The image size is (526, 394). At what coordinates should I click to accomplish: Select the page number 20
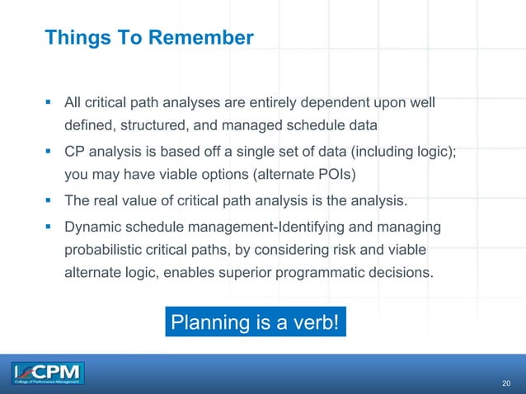(x=507, y=384)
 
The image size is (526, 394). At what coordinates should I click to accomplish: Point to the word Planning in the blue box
(x=203, y=322)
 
